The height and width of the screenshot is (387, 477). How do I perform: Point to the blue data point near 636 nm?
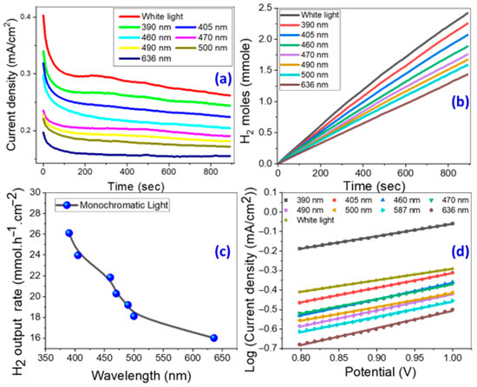tap(214, 338)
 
